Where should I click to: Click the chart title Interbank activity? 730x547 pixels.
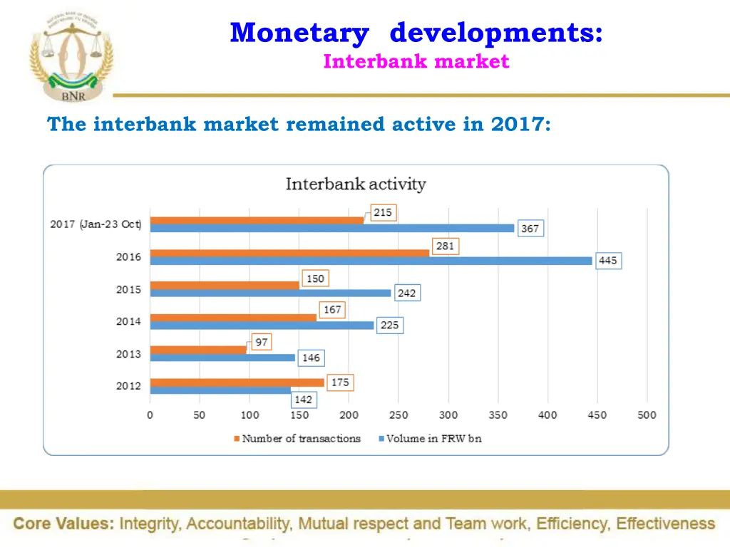click(x=356, y=184)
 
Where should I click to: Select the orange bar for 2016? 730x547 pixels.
click(x=289, y=253)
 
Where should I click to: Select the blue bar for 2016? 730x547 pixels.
click(x=371, y=261)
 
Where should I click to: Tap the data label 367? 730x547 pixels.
click(x=530, y=229)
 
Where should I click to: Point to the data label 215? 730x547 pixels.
click(x=383, y=213)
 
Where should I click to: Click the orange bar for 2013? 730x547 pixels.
click(x=198, y=350)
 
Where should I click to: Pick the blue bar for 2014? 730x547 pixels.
click(x=262, y=325)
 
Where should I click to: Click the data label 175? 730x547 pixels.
click(x=340, y=382)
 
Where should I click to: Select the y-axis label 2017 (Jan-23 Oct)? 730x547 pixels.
click(x=96, y=224)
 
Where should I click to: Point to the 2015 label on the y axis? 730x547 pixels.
click(x=129, y=290)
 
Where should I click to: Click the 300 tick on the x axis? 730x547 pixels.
click(x=448, y=415)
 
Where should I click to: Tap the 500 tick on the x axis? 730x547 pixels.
click(x=647, y=415)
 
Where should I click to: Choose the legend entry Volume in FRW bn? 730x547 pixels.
click(x=433, y=439)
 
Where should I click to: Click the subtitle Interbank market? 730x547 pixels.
click(x=416, y=62)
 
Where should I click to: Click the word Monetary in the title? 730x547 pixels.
click(x=299, y=33)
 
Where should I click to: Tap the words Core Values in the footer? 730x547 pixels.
click(x=63, y=524)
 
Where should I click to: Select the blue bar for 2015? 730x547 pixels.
click(x=270, y=293)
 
